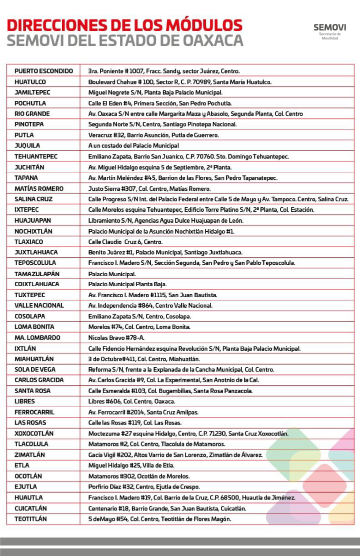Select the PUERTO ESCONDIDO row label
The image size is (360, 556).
point(43,71)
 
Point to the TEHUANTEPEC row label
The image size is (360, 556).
point(36,156)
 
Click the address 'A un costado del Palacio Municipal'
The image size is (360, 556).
point(133,146)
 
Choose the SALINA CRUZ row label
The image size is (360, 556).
point(33,199)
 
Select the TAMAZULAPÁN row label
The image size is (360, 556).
point(37,274)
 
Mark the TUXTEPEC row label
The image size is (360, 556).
point(30,295)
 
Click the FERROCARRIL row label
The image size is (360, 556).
point(34,412)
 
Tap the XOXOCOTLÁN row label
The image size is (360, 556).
point(34,434)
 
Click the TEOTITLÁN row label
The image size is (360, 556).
point(31,519)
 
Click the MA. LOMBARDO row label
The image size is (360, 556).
point(37,338)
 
